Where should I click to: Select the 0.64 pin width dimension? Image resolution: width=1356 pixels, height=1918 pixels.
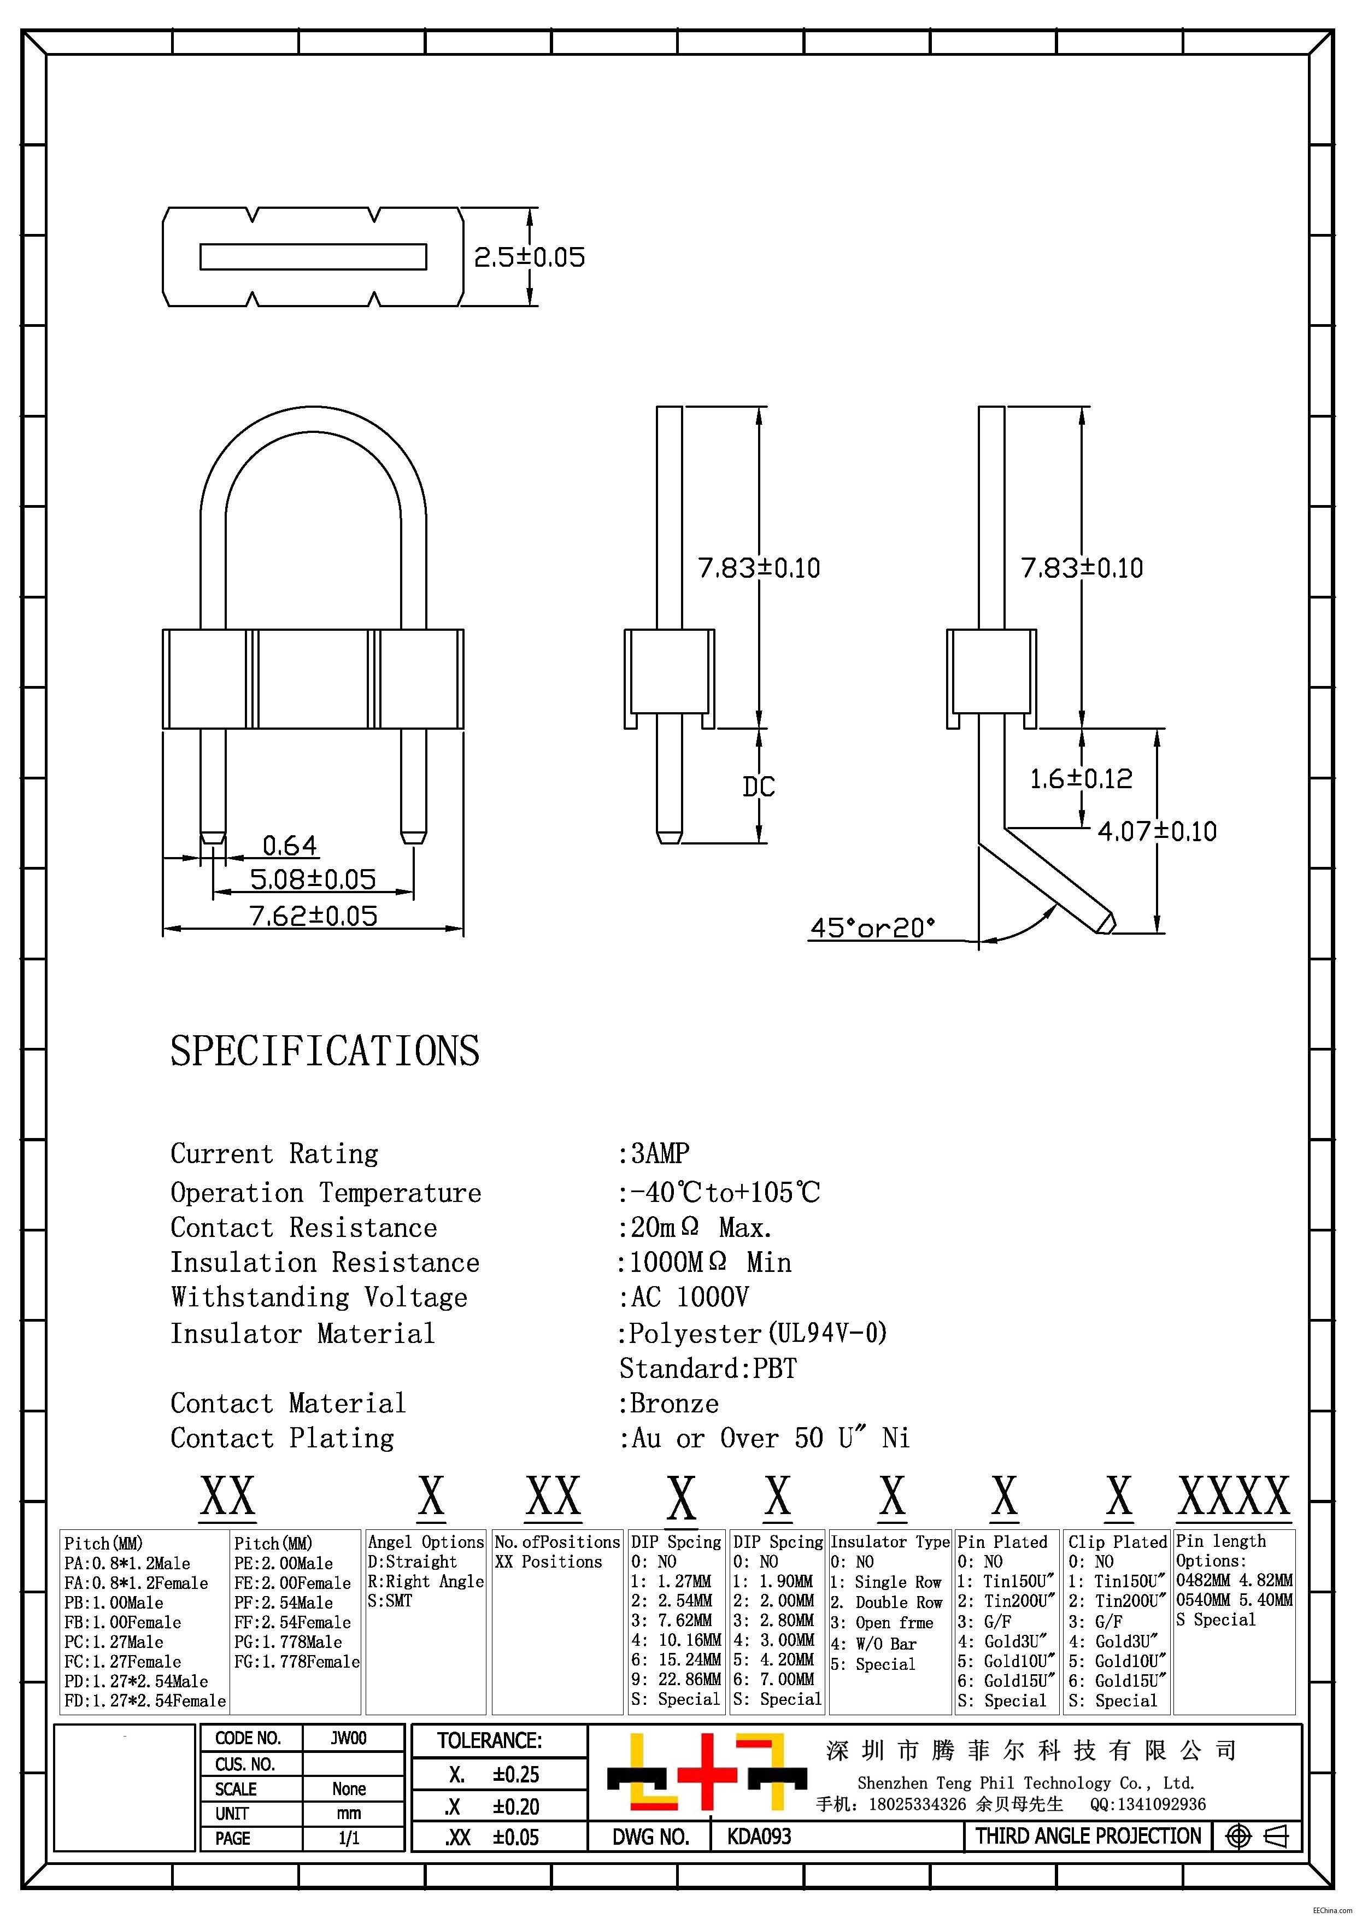289,846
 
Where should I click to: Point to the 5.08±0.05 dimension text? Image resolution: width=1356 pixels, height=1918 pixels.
313,879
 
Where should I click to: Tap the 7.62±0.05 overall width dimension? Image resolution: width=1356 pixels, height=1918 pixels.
314,916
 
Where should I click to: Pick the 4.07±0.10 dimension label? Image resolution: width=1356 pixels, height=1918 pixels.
1157,831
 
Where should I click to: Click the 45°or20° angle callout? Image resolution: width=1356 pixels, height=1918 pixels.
872,927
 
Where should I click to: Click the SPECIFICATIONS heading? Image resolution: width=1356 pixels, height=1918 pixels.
325,1051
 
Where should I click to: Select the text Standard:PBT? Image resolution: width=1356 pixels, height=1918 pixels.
708,1368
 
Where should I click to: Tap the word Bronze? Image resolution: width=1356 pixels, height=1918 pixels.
673,1404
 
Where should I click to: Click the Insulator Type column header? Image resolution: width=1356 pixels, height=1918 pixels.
890,1542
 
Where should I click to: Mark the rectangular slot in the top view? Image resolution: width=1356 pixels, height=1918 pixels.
313,256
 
